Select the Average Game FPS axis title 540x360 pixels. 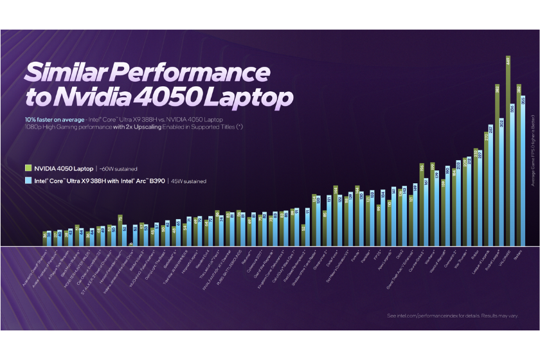(x=532, y=155)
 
